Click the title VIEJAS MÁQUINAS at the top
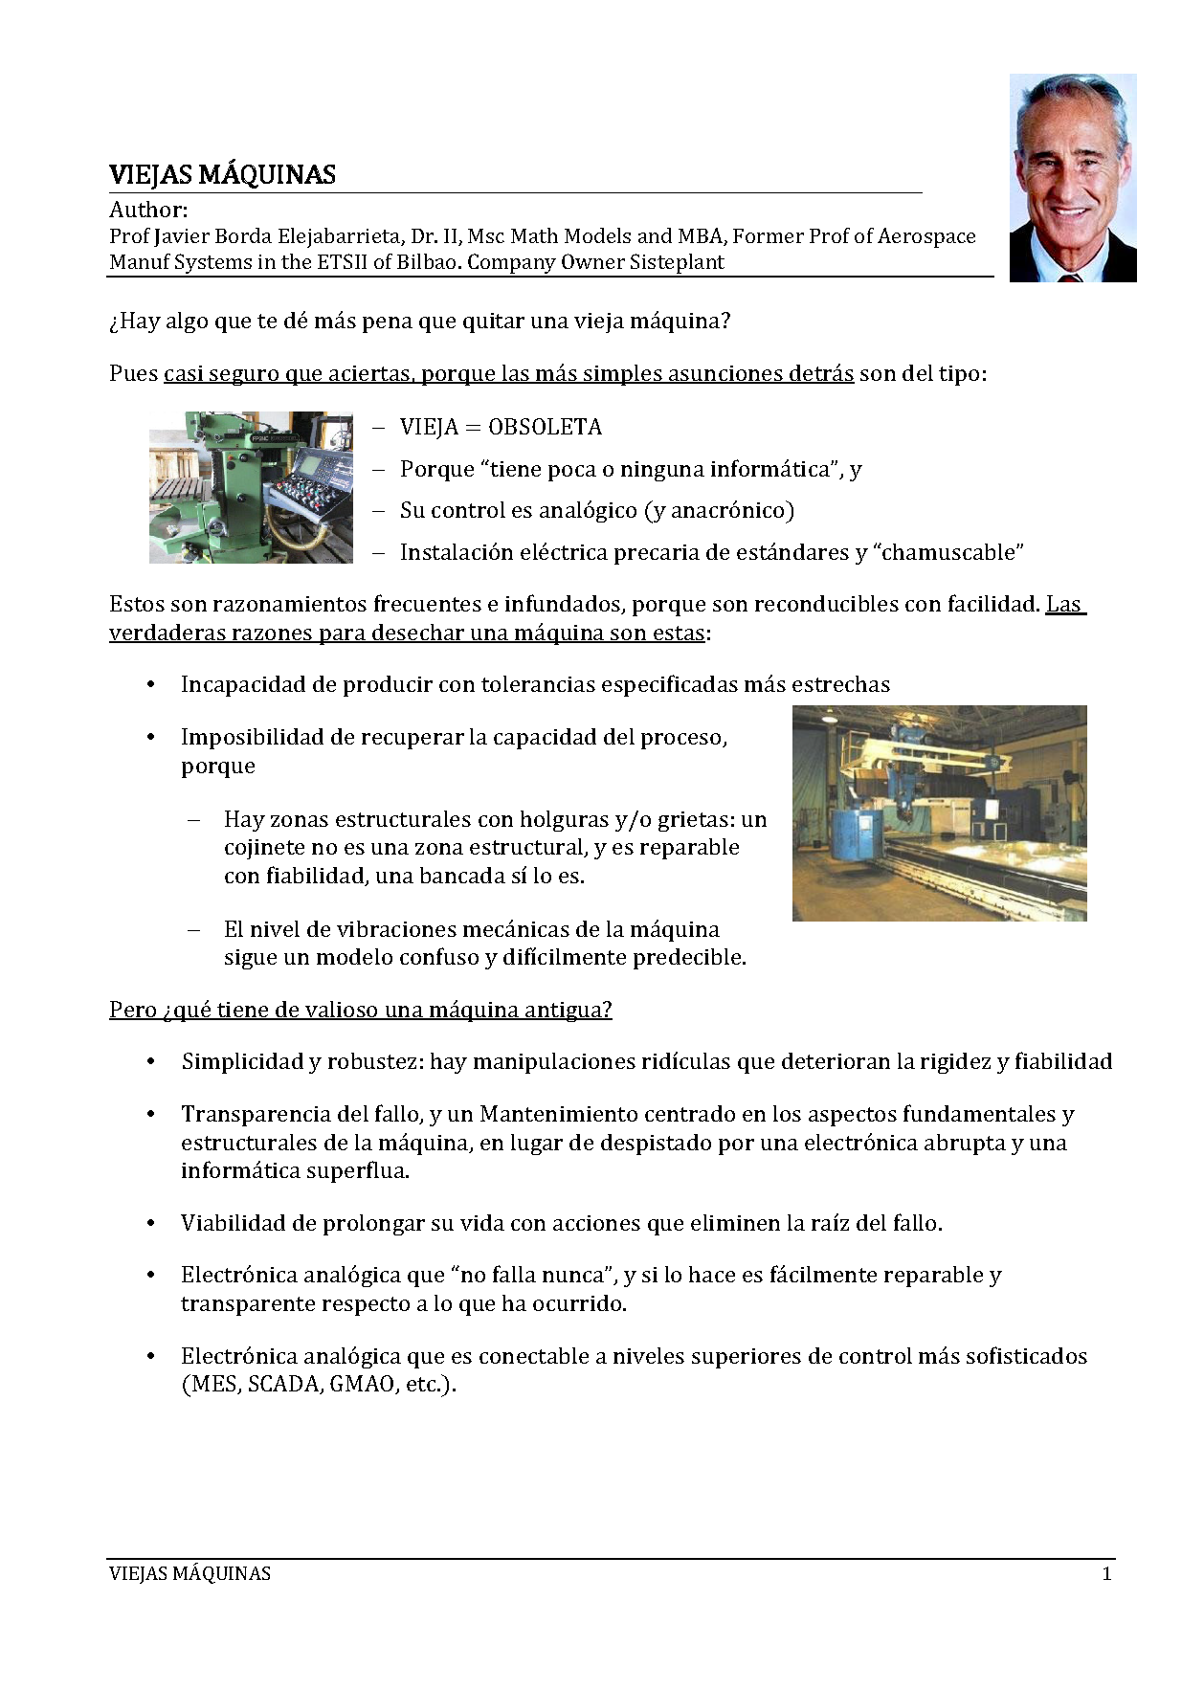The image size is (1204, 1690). pyautogui.click(x=222, y=175)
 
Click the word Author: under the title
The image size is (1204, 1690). pyautogui.click(x=148, y=210)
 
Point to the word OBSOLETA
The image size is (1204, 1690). pyautogui.click(x=545, y=427)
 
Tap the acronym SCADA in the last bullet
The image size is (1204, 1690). pyautogui.click(x=284, y=1385)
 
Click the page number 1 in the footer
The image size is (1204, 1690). pyautogui.click(x=1106, y=1574)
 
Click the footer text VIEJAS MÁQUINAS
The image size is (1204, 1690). pyautogui.click(x=190, y=1574)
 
